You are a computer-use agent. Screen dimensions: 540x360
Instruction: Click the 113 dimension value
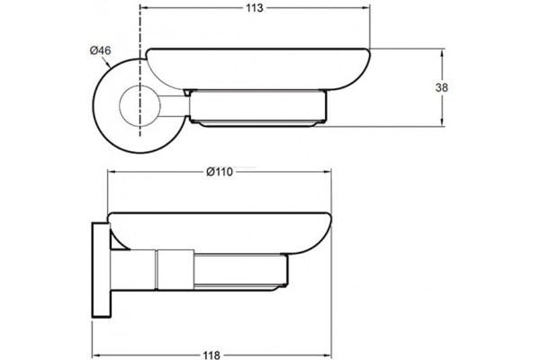click(255, 8)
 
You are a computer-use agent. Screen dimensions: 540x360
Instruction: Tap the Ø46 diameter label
click(100, 50)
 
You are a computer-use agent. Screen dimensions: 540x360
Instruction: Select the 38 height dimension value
click(442, 88)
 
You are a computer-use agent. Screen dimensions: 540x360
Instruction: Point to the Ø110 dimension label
click(220, 172)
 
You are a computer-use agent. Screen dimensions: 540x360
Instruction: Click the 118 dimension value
click(211, 355)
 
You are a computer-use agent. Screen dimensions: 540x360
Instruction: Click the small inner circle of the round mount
click(139, 106)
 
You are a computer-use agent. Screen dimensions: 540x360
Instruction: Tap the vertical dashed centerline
click(139, 70)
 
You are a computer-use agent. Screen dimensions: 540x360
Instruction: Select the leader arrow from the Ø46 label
click(106, 61)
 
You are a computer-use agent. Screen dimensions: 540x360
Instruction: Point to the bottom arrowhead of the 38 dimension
click(442, 122)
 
